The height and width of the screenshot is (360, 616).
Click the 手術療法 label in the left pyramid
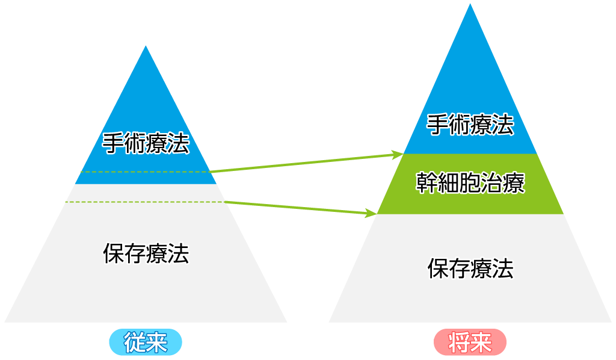click(146, 143)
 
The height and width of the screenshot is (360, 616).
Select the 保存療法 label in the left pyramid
click(146, 253)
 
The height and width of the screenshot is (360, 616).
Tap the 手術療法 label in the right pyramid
click(470, 125)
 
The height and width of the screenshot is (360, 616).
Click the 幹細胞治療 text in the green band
click(470, 183)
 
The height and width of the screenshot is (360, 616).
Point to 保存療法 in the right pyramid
click(470, 268)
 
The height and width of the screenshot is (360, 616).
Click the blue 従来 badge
click(145, 343)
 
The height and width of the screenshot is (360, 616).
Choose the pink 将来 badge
click(470, 343)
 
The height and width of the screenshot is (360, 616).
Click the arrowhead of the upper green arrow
click(398, 154)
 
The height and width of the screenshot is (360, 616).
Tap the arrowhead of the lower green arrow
click(372, 213)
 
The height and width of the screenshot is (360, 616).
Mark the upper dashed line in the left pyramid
click(144, 172)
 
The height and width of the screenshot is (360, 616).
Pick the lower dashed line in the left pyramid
click(144, 202)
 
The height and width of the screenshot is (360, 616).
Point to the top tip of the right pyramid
click(470, 5)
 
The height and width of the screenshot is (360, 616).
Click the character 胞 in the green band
click(470, 183)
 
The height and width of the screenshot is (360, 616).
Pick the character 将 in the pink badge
click(460, 343)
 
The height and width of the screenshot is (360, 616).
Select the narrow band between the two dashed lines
click(146, 193)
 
